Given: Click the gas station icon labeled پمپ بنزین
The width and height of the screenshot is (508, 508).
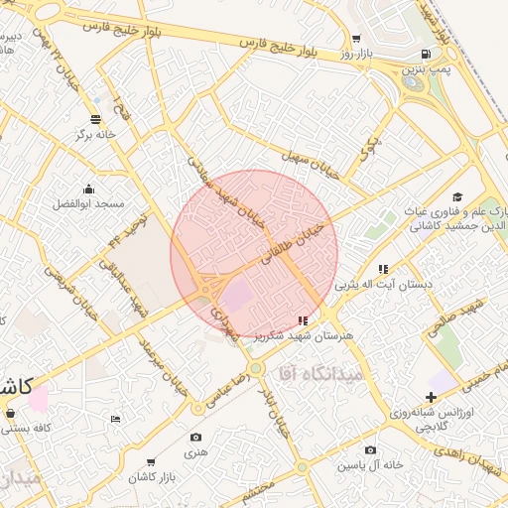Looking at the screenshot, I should pyautogui.click(x=426, y=55).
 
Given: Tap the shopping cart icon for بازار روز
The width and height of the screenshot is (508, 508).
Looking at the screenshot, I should pyautogui.click(x=356, y=39).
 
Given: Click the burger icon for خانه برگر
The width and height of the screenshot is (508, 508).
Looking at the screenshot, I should pyautogui.click(x=96, y=119).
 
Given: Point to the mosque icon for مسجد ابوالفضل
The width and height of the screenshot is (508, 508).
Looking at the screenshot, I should pyautogui.click(x=89, y=189).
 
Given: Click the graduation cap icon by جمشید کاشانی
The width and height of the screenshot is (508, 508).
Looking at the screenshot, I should pyautogui.click(x=457, y=196).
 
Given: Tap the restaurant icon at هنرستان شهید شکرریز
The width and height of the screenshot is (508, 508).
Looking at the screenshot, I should pyautogui.click(x=303, y=320).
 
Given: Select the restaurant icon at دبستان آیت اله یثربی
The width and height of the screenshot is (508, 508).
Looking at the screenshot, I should pyautogui.click(x=383, y=269).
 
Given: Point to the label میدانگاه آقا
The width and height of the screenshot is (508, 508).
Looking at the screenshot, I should pyautogui.click(x=314, y=373).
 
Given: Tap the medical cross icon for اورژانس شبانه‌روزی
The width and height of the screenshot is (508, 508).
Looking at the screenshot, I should pyautogui.click(x=431, y=397).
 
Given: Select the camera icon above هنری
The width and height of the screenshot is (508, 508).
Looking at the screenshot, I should pyautogui.click(x=195, y=438).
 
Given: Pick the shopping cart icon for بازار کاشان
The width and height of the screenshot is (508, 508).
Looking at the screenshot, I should pyautogui.click(x=151, y=462).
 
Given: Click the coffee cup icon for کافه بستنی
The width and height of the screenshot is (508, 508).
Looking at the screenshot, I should pyautogui.click(x=11, y=413).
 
